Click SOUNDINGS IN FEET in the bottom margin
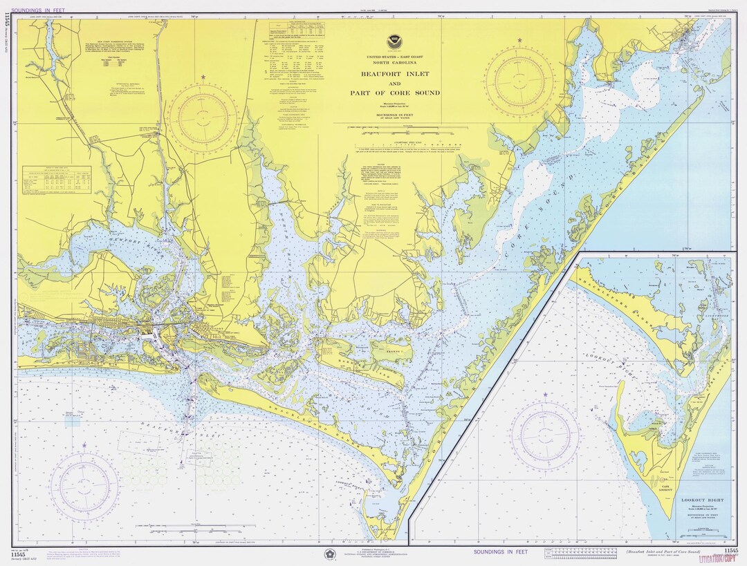click(x=500, y=551)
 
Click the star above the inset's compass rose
click(x=545, y=395)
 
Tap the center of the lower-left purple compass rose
click(x=85, y=487)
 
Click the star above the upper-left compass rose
click(x=203, y=77)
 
